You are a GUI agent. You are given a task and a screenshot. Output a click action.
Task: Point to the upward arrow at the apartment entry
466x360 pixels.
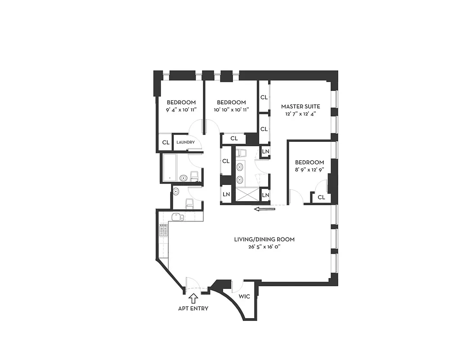tap(193, 297)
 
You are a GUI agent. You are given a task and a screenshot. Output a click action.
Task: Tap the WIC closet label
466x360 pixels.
tap(244, 297)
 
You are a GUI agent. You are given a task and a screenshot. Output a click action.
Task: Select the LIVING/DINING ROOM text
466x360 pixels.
tap(264, 239)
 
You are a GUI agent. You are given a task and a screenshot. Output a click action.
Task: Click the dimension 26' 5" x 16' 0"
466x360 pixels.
tap(264, 247)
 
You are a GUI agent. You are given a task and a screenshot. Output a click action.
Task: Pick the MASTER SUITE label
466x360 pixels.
tap(300, 107)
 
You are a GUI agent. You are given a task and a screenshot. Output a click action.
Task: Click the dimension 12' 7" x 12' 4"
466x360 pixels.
tap(300, 114)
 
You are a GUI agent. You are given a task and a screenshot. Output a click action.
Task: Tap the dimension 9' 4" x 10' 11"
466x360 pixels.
tap(181, 109)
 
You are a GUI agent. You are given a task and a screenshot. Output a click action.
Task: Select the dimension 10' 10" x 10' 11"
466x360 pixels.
tap(231, 109)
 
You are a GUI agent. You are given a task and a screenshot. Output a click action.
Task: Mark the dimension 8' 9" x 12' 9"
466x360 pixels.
tap(309, 170)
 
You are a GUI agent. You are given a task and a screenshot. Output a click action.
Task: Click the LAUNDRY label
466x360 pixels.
tap(185, 143)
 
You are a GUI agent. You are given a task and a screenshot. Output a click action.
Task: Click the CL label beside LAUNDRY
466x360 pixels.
tap(166, 143)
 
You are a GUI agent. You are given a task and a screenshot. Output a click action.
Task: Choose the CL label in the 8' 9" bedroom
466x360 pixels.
tap(321, 197)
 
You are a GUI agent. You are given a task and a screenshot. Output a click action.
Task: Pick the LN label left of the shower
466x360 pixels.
tap(226, 195)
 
